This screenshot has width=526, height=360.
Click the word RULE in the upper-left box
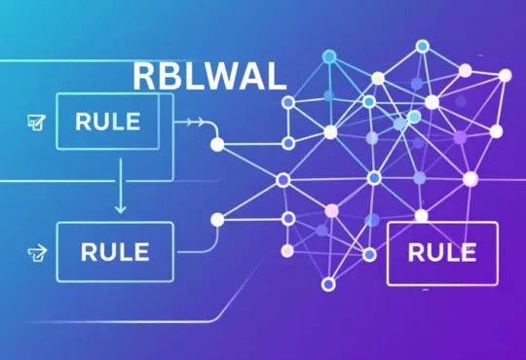(x=106, y=123)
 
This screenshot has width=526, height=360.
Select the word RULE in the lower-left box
(x=115, y=251)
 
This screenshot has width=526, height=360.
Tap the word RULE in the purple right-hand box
(x=442, y=252)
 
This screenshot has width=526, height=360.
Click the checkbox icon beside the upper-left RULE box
(x=38, y=123)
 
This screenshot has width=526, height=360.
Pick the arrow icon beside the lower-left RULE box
(x=37, y=253)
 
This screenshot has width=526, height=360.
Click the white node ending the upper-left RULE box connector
(x=217, y=144)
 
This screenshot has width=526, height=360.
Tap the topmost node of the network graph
(x=422, y=45)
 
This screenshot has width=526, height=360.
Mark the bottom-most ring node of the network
(x=328, y=284)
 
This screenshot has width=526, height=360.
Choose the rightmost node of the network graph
(x=505, y=75)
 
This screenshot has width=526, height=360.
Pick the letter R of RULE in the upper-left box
(x=83, y=123)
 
